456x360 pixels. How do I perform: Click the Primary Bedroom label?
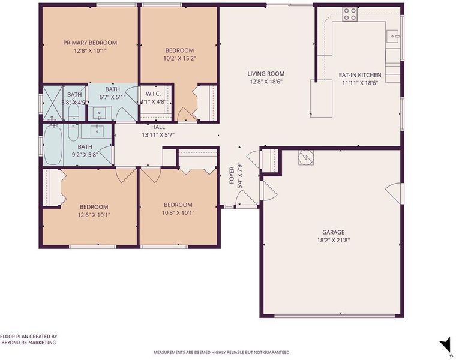pos(90,43)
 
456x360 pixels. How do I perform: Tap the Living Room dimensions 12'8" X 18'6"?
pos(266,82)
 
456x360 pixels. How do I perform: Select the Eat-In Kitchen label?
pos(360,75)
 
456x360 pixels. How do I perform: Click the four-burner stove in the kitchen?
pos(350,14)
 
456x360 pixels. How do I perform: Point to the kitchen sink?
pos(394,37)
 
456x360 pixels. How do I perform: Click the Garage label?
pos(333,232)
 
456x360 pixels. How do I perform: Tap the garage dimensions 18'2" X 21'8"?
pos(333,241)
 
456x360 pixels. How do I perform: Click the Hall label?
pos(158,127)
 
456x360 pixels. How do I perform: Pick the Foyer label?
pos(232,175)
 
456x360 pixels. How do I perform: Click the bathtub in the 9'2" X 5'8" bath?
pos(53,145)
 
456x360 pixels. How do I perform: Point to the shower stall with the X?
pos(53,103)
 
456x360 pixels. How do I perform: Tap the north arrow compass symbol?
pos(445,346)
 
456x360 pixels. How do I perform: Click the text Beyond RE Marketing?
pos(29,343)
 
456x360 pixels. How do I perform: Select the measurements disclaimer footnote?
pos(221,352)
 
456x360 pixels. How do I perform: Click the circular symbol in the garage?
pos(306,157)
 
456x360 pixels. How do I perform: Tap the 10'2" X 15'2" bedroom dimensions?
pos(180,58)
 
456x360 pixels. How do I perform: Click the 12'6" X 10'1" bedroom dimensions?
pos(94,215)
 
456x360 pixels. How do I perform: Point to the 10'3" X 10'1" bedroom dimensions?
pos(178,213)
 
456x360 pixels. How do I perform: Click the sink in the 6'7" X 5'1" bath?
pos(100,113)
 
